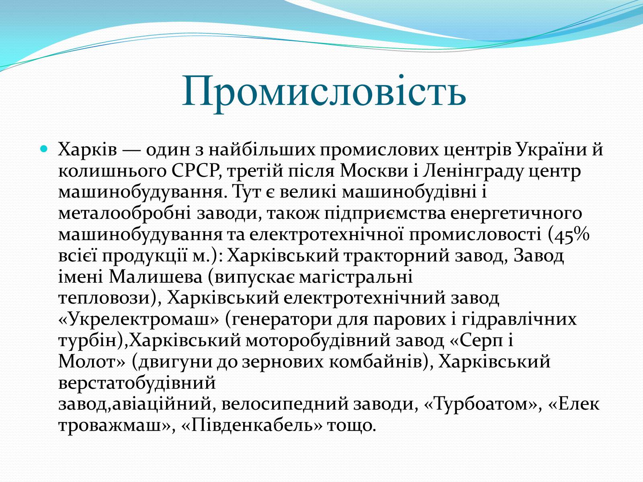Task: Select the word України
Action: (x=551, y=149)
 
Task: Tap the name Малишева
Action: (x=155, y=277)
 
